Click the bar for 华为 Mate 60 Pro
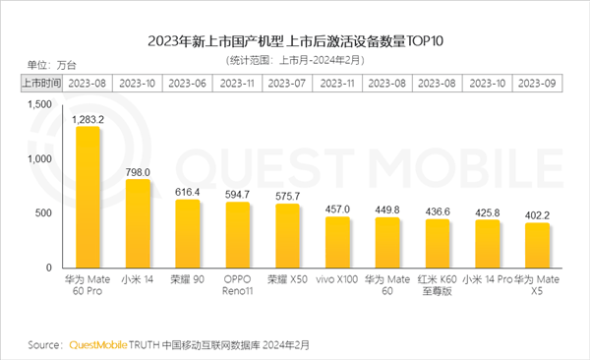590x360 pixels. (x=88, y=197)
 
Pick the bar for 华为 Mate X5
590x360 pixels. (x=536, y=245)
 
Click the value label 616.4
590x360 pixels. (x=188, y=191)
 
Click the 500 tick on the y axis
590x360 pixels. (x=41, y=213)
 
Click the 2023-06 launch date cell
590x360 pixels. (x=188, y=83)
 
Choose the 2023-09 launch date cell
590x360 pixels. (x=537, y=83)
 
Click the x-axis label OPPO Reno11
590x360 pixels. (x=238, y=286)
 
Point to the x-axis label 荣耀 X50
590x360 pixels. (x=288, y=280)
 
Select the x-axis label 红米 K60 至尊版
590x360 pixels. (x=437, y=286)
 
